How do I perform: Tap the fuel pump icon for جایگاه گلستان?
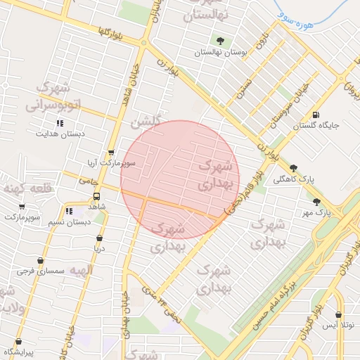(315, 115)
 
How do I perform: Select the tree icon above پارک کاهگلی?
(293, 168)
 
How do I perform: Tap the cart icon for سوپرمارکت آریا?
(110, 153)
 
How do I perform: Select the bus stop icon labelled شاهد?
(96, 196)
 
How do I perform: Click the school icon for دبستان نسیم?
(69, 211)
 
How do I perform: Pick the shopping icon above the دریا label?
(99, 238)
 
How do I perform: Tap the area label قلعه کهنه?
(19, 188)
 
